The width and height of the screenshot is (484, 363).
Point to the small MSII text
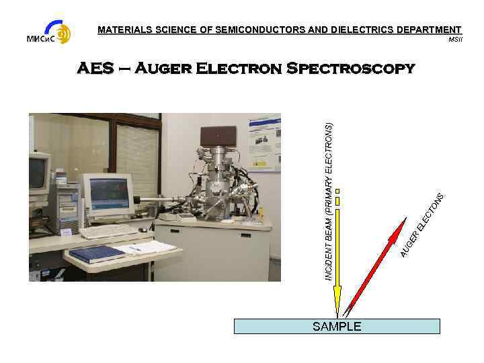pos(456,40)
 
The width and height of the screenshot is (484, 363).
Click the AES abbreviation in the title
pos(95,69)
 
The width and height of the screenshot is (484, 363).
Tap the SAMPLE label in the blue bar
pos(337,327)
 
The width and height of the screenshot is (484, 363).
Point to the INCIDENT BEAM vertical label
pos(329,202)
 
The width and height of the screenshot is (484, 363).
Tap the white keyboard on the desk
pos(108,231)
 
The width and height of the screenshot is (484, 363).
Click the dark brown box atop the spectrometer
pos(218,137)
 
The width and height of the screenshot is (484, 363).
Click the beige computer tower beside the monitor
pos(68,205)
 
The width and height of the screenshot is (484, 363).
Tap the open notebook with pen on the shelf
pos(145,248)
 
